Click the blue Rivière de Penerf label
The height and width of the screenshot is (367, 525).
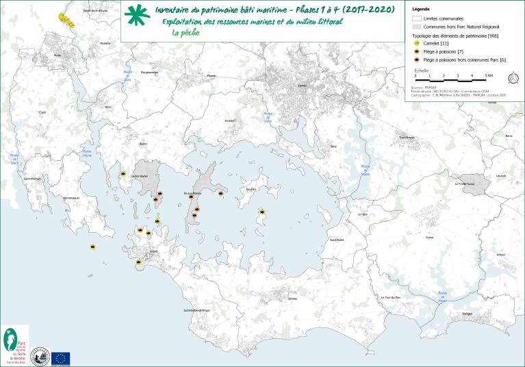click(443, 296)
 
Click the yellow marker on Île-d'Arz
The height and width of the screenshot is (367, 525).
click(261, 211)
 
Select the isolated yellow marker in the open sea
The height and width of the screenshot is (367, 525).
click(92, 246)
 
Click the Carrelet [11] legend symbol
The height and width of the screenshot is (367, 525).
click(418, 44)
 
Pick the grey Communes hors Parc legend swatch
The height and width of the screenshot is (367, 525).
click(417, 26)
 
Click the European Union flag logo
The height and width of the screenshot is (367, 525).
click(60, 357)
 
